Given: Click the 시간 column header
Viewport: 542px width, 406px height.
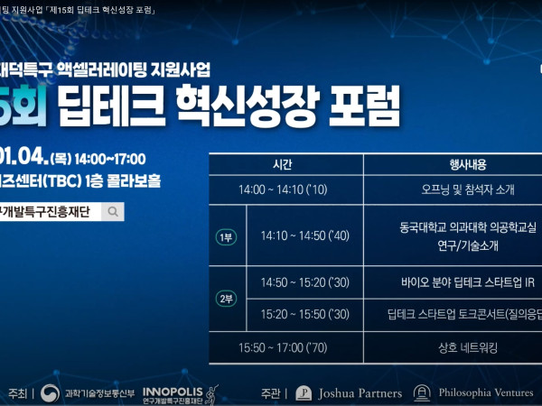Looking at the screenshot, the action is pos(283,165).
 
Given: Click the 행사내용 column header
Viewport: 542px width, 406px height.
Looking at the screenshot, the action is pos(468,165).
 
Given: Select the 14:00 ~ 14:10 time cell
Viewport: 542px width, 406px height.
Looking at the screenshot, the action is pos(283,189).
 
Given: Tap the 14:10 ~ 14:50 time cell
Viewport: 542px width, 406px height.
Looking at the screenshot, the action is pos(305,235).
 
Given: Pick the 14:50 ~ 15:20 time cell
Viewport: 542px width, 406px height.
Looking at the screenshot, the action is pos(305,282).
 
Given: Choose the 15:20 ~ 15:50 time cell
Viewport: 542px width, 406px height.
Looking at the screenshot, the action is pos(305,315).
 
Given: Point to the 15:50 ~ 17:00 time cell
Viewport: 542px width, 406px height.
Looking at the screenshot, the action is pos(283,347).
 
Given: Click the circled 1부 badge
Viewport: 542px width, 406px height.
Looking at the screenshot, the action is pos(226,237).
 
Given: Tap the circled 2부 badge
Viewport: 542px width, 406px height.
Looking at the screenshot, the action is pos(226,299).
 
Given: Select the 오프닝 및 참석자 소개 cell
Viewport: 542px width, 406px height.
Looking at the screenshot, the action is pos(468,189).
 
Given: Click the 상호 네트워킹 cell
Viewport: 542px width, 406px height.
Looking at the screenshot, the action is pos(468,347).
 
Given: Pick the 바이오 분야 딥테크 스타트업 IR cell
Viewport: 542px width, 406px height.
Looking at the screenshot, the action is pos(468,282).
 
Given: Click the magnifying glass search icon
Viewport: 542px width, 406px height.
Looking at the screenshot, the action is pos(113,212).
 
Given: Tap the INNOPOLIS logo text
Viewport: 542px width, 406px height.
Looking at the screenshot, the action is pos(173,392).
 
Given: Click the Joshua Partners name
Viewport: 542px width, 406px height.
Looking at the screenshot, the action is pos(360,393).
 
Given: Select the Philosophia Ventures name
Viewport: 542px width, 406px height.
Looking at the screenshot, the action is pos(486,392).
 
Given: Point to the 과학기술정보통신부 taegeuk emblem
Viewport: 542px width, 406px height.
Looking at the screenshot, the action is pos(50,393).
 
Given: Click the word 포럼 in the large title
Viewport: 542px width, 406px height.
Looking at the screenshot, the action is pos(364,106).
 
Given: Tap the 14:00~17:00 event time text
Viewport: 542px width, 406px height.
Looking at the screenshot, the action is pos(110,159).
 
